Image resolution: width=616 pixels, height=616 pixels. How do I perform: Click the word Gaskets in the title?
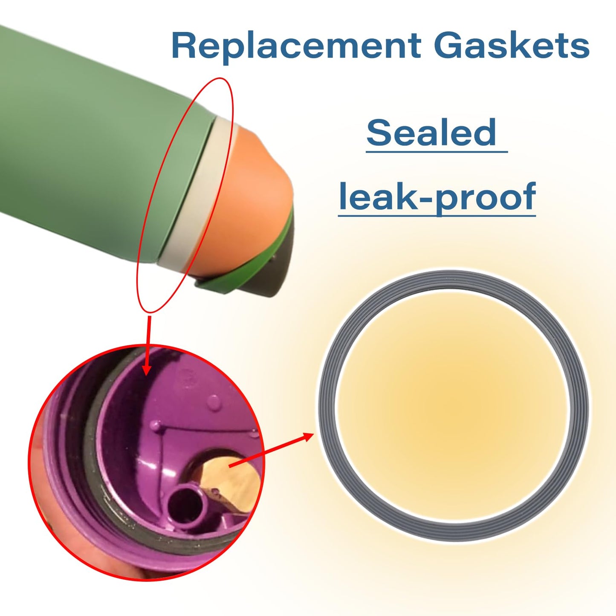(512, 45)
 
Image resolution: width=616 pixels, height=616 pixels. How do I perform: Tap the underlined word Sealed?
(431, 132)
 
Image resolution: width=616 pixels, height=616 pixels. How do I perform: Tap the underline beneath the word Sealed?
(437, 152)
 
